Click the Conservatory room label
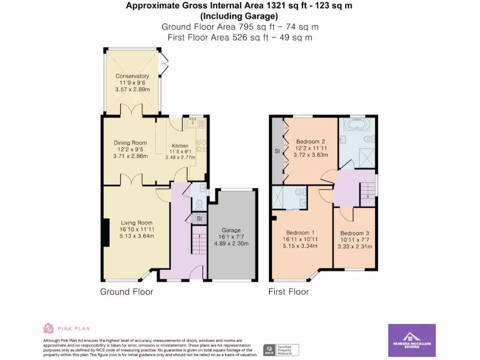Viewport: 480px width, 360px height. (132, 76)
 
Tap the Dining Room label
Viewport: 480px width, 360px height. (130, 143)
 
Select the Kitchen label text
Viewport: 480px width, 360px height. (180, 146)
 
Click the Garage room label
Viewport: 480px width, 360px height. (231, 230)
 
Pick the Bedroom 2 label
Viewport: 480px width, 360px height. (310, 142)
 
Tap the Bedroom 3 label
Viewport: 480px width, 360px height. (355, 233)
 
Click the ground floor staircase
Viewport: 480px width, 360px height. (199, 240)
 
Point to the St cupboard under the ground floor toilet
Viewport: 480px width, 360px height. (199, 218)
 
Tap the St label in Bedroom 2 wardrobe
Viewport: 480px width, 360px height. (277, 151)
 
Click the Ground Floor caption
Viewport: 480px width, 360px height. (127, 292)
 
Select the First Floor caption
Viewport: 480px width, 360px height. (288, 292)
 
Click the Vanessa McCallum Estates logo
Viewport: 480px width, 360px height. (412, 340)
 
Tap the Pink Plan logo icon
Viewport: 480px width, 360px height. (48, 328)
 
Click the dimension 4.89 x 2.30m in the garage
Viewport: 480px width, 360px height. (231, 243)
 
